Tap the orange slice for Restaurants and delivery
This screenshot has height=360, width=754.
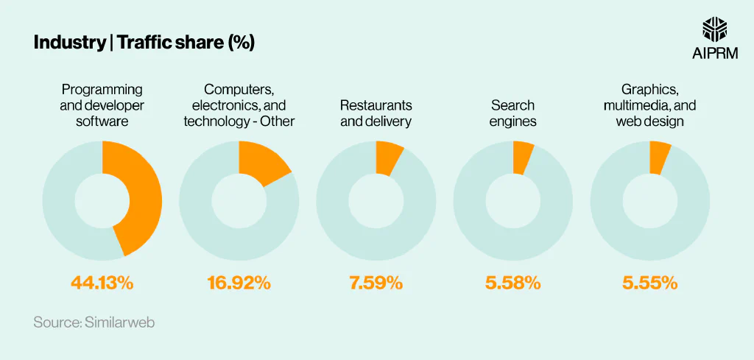(x=387, y=158)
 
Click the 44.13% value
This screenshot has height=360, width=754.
(x=102, y=282)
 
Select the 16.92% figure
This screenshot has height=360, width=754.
(x=239, y=282)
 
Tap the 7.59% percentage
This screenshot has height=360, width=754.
(x=376, y=282)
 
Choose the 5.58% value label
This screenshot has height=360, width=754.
(x=512, y=282)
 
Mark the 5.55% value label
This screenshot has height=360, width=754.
(x=649, y=282)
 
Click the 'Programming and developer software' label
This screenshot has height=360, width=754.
(x=102, y=105)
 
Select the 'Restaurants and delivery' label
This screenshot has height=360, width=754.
(x=376, y=113)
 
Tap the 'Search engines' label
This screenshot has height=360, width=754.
(x=512, y=113)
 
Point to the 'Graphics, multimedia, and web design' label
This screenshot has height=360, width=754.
(x=649, y=105)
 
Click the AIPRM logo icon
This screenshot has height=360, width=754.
(x=715, y=29)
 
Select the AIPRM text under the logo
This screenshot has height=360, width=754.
(x=715, y=54)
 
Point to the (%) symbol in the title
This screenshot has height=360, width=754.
(x=242, y=43)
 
